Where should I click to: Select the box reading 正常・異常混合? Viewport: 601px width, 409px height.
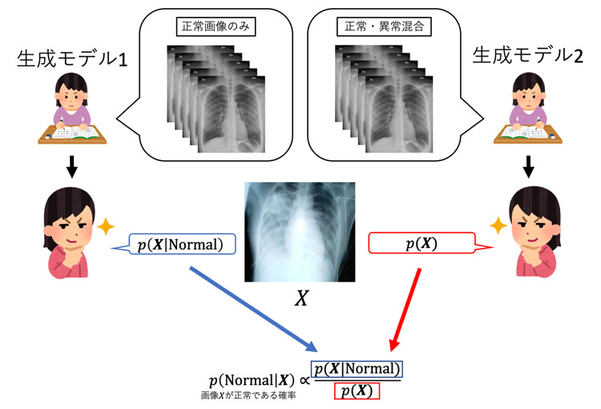point(385,26)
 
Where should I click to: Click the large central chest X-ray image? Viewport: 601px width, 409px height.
point(300,231)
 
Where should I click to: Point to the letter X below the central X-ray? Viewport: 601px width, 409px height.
point(301,298)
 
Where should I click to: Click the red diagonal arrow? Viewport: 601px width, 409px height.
point(405,309)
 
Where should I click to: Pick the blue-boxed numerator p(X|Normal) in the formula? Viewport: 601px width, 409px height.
point(357,370)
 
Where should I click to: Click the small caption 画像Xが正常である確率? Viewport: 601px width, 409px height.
point(249,396)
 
